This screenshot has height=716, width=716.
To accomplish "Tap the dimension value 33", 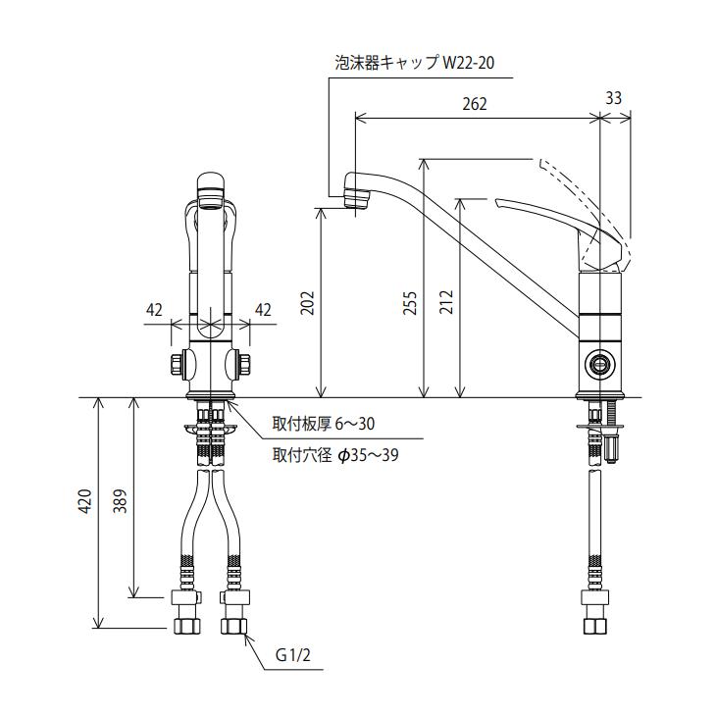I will click(x=614, y=98).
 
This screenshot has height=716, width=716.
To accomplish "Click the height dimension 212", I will click(x=445, y=302).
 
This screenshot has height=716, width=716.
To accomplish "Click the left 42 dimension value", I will click(x=154, y=309).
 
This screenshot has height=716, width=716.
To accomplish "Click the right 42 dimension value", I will click(x=263, y=309).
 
